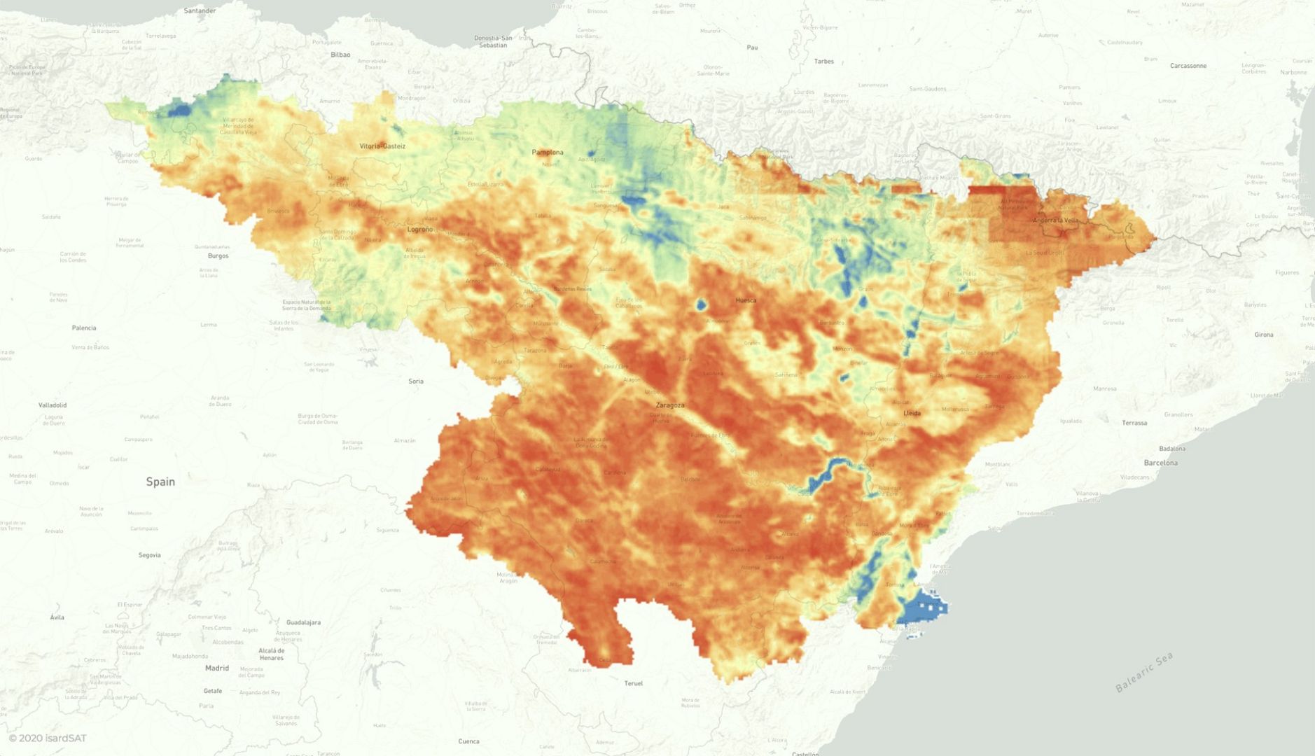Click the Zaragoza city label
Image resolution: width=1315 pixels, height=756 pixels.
(x=669, y=405)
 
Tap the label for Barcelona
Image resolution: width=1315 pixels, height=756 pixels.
(x=1160, y=463)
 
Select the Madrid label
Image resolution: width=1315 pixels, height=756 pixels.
(x=216, y=668)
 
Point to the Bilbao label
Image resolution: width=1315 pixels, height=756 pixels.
(x=340, y=55)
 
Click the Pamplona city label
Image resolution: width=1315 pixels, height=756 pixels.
(x=547, y=152)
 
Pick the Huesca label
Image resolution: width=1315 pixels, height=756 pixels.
(x=745, y=300)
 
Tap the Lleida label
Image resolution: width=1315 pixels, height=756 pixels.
(x=912, y=413)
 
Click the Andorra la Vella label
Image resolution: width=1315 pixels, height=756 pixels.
(x=1055, y=220)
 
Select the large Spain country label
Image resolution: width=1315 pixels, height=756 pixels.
(x=160, y=482)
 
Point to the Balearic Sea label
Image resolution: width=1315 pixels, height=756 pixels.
(x=1143, y=672)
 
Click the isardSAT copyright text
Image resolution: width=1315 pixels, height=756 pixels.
(x=48, y=738)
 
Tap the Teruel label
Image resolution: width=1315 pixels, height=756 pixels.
(x=633, y=683)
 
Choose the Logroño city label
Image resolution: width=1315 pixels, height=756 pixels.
(x=420, y=230)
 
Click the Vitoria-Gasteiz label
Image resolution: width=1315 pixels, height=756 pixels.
(x=382, y=146)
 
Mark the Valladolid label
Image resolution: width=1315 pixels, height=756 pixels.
(x=53, y=405)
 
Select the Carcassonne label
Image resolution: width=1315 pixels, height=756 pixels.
(x=1188, y=66)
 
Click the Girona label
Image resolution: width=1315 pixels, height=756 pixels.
(x=1263, y=335)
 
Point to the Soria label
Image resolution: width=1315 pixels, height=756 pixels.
(x=415, y=381)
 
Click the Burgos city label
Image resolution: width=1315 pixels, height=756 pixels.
(x=218, y=256)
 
